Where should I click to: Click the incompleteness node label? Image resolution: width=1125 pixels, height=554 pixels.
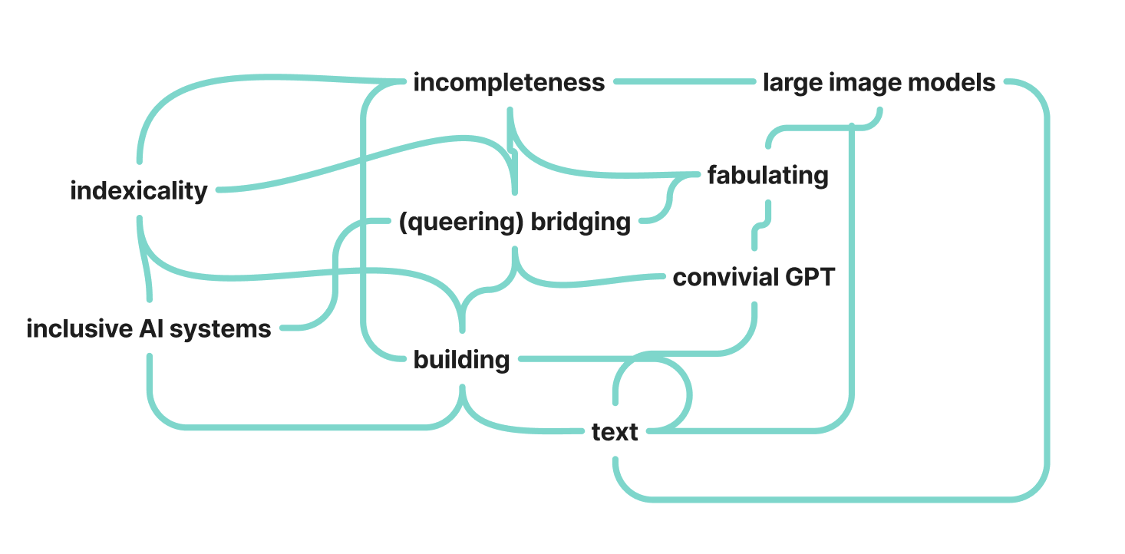point(509,82)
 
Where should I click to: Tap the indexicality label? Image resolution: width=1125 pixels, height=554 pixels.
point(139,190)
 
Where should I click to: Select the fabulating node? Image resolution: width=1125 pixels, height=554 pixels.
point(767,175)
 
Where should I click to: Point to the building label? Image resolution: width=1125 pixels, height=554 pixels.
point(461,359)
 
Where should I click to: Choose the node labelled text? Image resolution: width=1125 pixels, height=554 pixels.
point(615,432)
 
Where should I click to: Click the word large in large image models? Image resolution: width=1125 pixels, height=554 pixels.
point(790,82)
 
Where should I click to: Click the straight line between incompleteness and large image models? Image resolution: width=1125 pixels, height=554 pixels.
point(683,81)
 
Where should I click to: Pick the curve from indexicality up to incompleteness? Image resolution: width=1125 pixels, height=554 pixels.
point(230,80)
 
